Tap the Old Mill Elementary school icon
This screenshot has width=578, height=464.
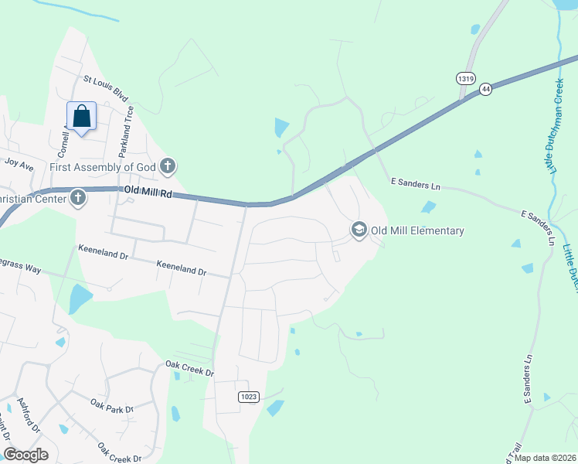pyautogui.click(x=359, y=230)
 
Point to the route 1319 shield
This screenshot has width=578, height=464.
pyautogui.click(x=465, y=78)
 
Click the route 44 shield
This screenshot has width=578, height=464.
pyautogui.click(x=484, y=90)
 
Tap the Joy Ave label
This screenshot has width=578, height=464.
pyautogui.click(x=19, y=164)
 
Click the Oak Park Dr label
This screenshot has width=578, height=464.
pyautogui.click(x=111, y=404)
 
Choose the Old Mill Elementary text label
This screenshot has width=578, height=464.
pyautogui.click(x=417, y=230)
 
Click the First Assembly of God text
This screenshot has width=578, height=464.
pyautogui.click(x=103, y=166)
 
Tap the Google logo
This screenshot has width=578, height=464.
pyautogui.click(x=25, y=455)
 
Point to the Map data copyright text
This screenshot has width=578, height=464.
pyautogui.click(x=545, y=458)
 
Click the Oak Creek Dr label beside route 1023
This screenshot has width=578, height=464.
pyautogui.click(x=189, y=370)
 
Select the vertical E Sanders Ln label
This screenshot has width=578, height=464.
pyautogui.click(x=529, y=379)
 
